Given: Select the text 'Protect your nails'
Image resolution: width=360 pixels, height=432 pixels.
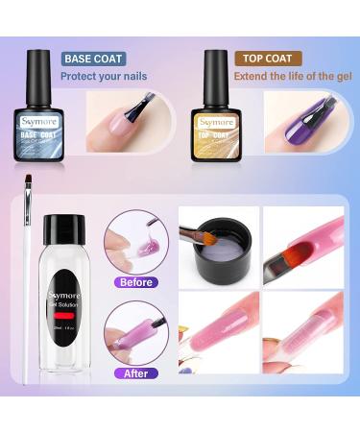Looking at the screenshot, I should point(105,76).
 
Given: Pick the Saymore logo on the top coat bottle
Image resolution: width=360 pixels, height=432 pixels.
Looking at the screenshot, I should point(216,122).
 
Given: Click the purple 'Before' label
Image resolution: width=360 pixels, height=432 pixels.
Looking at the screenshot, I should point(135,282).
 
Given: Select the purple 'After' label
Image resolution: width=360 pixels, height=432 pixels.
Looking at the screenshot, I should point(135,372).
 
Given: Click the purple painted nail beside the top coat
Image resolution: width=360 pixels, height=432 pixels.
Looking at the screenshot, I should point(305,124).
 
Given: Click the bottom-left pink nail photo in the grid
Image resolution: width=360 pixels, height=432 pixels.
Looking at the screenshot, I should point(219,332).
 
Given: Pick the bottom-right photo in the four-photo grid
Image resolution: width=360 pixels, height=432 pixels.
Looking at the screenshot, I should point(303,332).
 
